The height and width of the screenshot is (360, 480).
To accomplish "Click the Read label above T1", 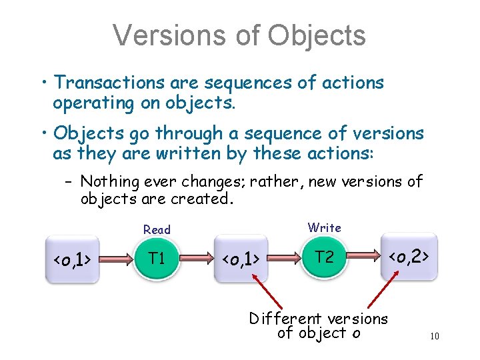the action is [x=157, y=229].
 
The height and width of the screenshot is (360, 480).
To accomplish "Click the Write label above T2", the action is [x=325, y=227].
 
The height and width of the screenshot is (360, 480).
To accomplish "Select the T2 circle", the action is [x=325, y=257].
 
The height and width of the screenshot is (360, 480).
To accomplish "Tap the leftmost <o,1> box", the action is [x=73, y=259].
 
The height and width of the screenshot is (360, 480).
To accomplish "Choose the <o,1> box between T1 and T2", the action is [x=240, y=259].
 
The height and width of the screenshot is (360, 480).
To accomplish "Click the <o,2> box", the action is [x=409, y=256].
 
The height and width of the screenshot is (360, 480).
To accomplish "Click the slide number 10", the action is [x=434, y=336].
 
